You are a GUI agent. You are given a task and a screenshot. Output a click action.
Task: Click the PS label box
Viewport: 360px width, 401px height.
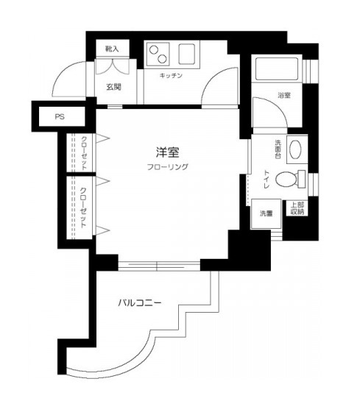coord(60,117)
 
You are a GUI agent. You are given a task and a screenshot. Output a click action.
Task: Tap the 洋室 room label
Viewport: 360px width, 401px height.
coord(167,152)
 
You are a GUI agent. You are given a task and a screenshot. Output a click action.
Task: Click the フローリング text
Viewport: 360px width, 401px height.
coord(167,167)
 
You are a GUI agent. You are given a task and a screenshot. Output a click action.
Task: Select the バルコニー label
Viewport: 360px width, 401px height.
coord(139,302)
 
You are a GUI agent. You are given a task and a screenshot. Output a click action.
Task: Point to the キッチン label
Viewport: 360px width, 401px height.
coord(171,75)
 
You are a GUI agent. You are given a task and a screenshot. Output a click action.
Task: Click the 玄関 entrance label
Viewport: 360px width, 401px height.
coord(113,88)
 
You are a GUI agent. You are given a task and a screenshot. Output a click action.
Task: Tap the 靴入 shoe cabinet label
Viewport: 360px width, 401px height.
coord(112,49)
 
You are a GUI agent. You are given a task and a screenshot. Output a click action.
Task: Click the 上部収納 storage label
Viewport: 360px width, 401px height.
coord(297,209)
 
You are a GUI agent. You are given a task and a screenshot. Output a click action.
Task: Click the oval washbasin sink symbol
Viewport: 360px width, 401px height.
coord(296,150)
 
